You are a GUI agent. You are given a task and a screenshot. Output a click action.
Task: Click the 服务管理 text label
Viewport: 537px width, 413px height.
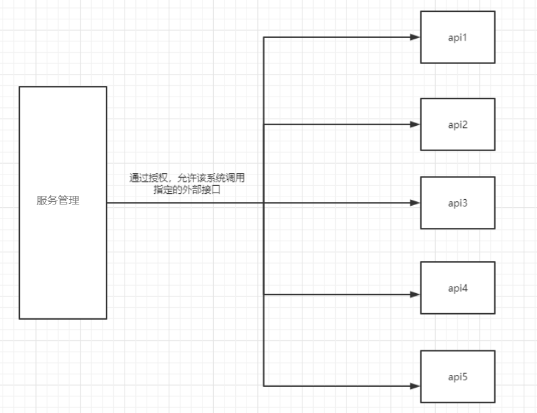click(58, 201)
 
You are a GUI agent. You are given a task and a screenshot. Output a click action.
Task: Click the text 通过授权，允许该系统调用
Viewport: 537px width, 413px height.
click(188, 179)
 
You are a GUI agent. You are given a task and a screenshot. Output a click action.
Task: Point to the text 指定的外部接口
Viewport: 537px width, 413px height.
click(187, 190)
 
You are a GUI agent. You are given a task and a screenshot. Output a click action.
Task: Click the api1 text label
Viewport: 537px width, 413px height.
click(458, 37)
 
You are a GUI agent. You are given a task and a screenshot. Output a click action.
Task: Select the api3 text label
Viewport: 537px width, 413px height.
click(458, 203)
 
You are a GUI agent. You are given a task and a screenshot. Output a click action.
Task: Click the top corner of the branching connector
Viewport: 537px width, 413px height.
click(264, 37)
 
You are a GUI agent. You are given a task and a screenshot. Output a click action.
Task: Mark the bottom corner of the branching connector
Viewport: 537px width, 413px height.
click(264, 386)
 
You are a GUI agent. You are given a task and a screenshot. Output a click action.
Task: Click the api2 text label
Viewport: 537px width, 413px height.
click(458, 125)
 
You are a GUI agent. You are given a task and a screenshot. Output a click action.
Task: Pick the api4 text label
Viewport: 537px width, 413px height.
click(458, 288)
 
